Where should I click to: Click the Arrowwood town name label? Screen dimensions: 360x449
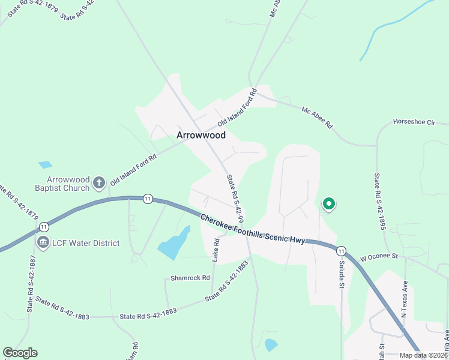tap(201, 136)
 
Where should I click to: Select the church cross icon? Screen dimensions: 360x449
tap(113, 181)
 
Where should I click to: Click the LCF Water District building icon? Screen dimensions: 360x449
tap(43, 243)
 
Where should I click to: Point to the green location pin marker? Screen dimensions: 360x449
tap(328, 204)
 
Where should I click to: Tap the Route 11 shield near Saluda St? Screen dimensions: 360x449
tap(341, 251)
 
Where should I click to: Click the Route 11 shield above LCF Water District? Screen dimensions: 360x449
tap(44, 227)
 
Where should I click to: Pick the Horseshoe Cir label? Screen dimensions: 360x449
tap(414, 122)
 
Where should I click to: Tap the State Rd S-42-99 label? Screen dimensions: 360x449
tap(235, 198)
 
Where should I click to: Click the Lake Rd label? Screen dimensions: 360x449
tap(215, 250)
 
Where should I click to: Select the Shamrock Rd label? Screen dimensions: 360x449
tap(190, 278)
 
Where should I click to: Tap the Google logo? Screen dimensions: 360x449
tap(20, 353)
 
